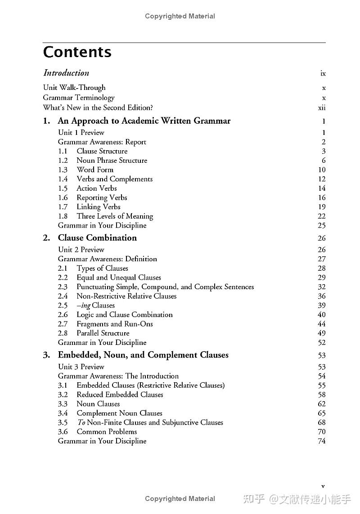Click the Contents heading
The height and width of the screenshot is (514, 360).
[x=77, y=52]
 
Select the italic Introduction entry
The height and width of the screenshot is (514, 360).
[x=66, y=73]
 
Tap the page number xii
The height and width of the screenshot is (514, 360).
[x=321, y=107]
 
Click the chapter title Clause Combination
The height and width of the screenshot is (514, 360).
[x=97, y=238]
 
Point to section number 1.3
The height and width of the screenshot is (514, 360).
[x=63, y=170]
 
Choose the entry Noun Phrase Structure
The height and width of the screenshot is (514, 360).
[x=112, y=161]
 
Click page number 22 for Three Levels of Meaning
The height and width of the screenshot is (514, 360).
[x=321, y=216]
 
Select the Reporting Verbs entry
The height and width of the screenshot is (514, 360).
[x=102, y=197]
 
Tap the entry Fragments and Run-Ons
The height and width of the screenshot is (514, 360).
[x=114, y=324]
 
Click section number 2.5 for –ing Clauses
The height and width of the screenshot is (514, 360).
[x=63, y=305]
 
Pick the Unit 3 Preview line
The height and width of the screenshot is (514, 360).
[x=81, y=367]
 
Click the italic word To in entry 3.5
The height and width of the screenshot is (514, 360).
[x=81, y=422]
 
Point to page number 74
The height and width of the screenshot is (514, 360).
[x=321, y=441]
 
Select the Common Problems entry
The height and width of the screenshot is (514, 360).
[x=107, y=432]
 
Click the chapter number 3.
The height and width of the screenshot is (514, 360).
[x=46, y=355]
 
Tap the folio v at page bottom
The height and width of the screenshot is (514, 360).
[x=323, y=486]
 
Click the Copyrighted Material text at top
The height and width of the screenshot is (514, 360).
[x=180, y=16]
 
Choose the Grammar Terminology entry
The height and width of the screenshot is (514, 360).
[x=79, y=98]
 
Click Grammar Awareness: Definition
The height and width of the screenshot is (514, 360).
[x=107, y=259]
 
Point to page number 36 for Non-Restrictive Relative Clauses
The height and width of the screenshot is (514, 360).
[x=321, y=296]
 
